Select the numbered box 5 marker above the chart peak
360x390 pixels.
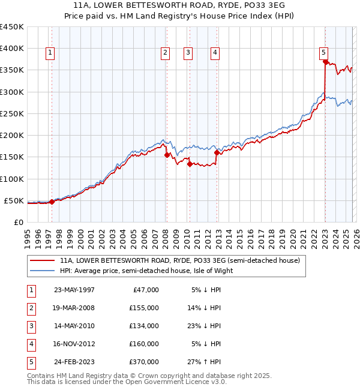click(323, 53)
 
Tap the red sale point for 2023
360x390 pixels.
click(325, 61)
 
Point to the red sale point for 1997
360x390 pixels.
click(52, 202)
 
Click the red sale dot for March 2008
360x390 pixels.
click(167, 155)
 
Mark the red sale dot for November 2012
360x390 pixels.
click(217, 152)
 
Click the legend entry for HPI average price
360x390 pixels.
click(146, 271)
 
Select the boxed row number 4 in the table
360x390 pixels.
click(31, 344)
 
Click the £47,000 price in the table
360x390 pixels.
click(144, 290)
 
